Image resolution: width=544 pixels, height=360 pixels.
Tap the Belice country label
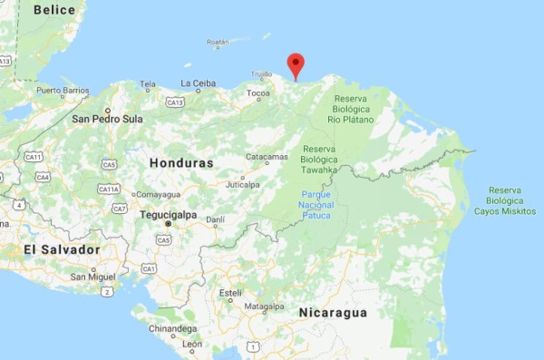pyautogui.click(x=54, y=10)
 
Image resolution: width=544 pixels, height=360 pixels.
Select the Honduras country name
pyautogui.click(x=182, y=163)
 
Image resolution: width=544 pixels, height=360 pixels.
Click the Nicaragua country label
pyautogui.click(x=333, y=313)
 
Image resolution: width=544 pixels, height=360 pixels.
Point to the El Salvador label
pyautogui.click(x=62, y=249)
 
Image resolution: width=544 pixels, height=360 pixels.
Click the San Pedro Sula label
pyautogui.click(x=108, y=119)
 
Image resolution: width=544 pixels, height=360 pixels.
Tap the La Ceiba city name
pyautogui.click(x=198, y=83)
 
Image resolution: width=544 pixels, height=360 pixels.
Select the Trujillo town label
pyautogui.click(x=261, y=74)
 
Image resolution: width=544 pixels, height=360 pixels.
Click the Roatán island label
pyautogui.click(x=218, y=43)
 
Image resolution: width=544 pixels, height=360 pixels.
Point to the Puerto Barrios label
pyautogui.click(x=63, y=91)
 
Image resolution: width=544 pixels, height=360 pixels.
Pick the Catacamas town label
pyautogui.click(x=267, y=156)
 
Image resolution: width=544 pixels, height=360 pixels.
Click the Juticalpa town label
pyautogui.click(x=242, y=184)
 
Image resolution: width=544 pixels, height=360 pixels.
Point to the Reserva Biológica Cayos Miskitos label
pyautogui.click(x=504, y=200)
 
